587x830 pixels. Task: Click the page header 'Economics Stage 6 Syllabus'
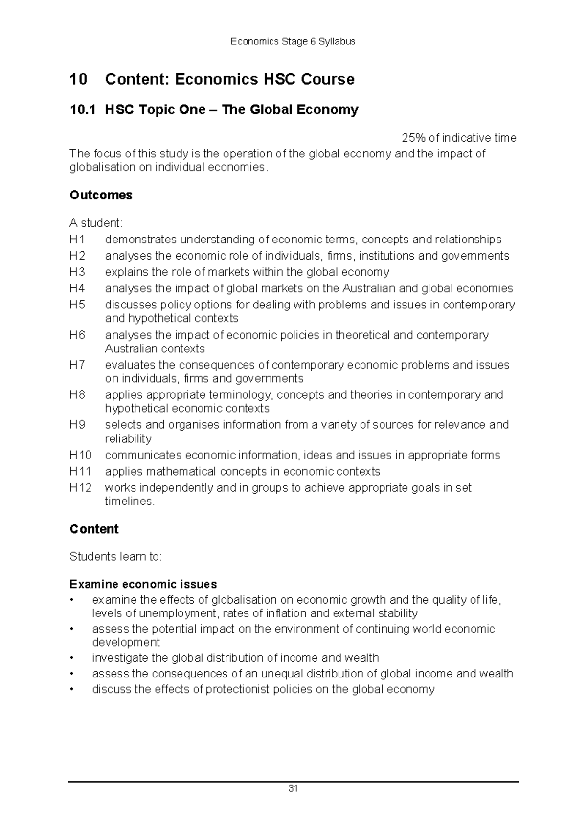point(293,42)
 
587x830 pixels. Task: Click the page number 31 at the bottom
point(293,788)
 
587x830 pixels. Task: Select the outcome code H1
point(77,240)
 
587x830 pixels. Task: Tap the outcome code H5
point(77,305)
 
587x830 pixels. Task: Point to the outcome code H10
point(80,456)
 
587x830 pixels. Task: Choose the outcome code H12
point(80,488)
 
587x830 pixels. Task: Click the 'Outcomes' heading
point(101,195)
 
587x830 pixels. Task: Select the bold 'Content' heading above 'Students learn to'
point(94,529)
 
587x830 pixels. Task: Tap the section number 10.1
point(81,110)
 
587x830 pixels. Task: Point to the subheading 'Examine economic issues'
point(143,585)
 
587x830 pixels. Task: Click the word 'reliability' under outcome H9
point(128,439)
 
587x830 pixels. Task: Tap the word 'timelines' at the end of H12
point(129,502)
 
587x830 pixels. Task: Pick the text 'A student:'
point(96,223)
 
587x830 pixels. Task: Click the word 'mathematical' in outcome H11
point(181,472)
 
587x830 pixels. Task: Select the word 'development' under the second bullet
point(126,642)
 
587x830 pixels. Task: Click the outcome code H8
point(77,395)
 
